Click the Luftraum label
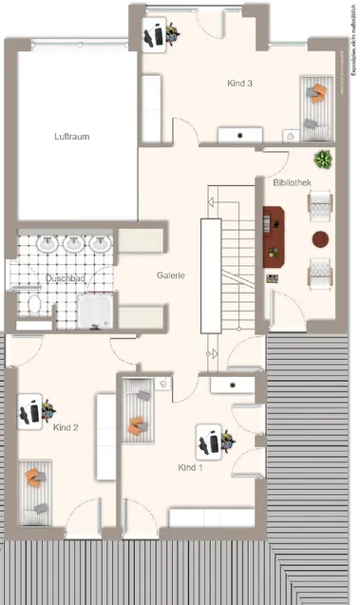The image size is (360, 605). pos(70,137)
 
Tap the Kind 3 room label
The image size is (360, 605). pos(239,84)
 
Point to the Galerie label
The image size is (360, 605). pos(171,276)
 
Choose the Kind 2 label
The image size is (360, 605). pos(64,428)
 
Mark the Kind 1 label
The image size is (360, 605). pos(192,468)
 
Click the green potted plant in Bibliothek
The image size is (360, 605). pos(324,159)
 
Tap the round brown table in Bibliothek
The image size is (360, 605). pos(321,237)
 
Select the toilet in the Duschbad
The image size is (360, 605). pos(34,305)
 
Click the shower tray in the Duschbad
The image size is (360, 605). pos(96,310)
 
